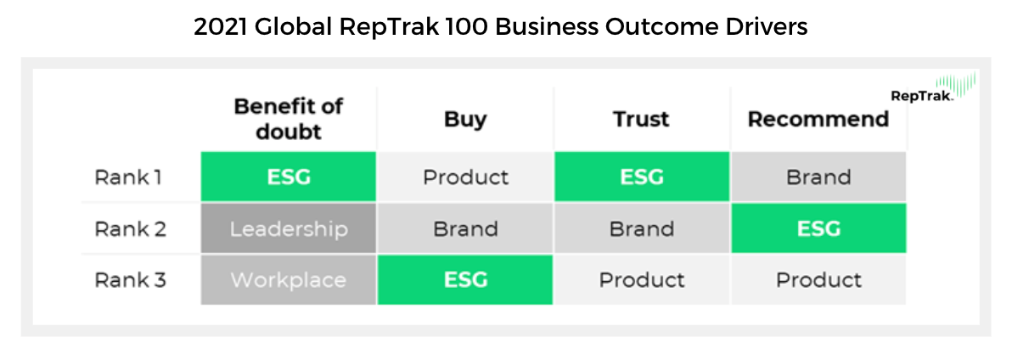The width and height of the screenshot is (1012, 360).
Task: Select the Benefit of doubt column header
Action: pos(289,120)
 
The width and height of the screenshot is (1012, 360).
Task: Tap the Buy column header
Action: pos(465,120)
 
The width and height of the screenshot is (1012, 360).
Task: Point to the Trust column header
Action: pos(642,120)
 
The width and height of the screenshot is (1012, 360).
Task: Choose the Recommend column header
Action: pos(818,120)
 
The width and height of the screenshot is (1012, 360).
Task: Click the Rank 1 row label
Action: pos(128,177)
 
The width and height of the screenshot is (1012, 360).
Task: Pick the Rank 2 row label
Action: pos(130,229)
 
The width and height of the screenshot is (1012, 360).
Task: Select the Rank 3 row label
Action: pos(130,280)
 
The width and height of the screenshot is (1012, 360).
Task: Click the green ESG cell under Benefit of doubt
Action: pos(289,177)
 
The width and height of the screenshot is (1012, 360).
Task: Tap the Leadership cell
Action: pos(289,228)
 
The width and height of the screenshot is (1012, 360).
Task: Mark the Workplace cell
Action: pos(289,280)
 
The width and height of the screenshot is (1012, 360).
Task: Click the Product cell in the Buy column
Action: pos(465,177)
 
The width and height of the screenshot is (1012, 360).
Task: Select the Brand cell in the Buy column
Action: pos(465,228)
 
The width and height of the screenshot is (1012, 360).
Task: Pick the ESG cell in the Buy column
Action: pos(465,280)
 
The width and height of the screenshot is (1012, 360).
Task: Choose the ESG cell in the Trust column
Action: pos(642,177)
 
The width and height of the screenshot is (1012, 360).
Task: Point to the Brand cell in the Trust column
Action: pos(642,228)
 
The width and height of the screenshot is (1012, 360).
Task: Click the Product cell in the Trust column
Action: pos(642,280)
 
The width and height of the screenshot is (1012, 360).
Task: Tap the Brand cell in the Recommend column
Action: pos(818,177)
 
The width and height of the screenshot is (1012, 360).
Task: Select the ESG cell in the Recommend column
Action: pos(818,228)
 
